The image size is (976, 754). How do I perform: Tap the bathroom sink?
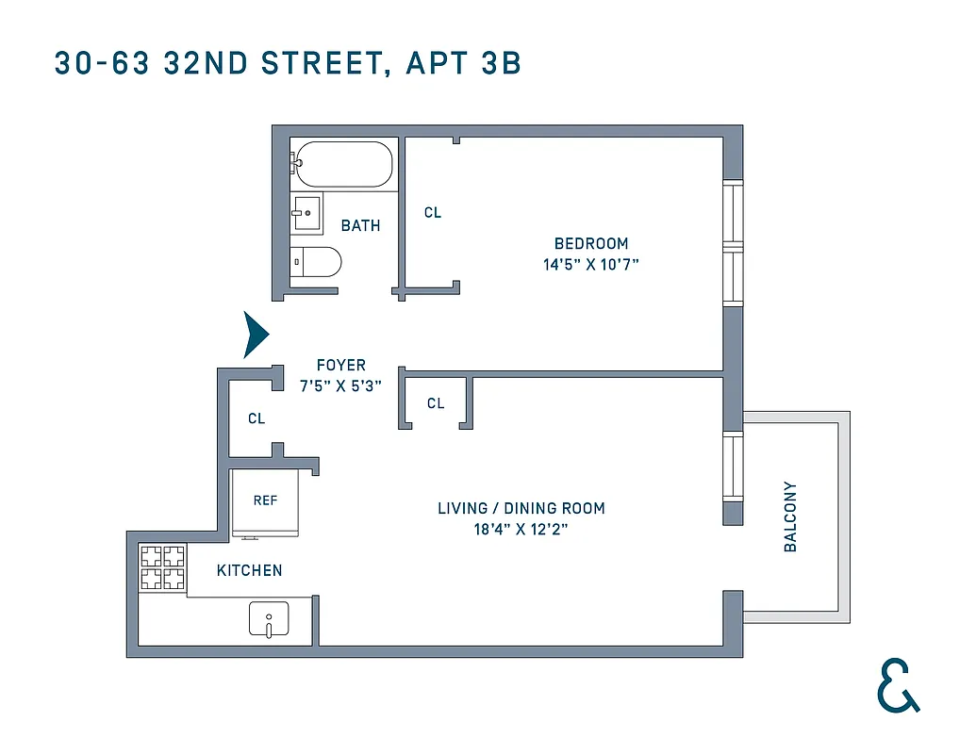coord(306,213)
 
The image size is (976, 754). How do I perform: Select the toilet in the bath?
coord(315,261)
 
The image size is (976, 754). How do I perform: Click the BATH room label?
coord(361,226)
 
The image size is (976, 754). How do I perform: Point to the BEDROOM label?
coord(591,243)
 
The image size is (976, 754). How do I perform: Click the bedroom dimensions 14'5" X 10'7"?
coord(591,265)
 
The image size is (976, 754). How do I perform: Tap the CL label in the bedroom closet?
coord(433,213)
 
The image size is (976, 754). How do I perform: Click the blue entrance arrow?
coord(256,335)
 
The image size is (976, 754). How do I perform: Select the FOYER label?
coord(341,365)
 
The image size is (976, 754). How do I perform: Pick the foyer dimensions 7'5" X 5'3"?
coord(341,386)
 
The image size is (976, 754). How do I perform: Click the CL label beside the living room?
coord(436,403)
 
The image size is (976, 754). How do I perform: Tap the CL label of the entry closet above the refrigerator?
coord(256,418)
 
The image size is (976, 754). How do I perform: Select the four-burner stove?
coord(162,568)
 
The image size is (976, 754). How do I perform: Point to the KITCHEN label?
coord(250,570)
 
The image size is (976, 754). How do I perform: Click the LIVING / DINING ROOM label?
coord(521,509)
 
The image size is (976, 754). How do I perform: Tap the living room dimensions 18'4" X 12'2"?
coord(521,530)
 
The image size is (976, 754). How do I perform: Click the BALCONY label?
coord(790,517)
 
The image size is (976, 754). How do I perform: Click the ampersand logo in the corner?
coord(897,685)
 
